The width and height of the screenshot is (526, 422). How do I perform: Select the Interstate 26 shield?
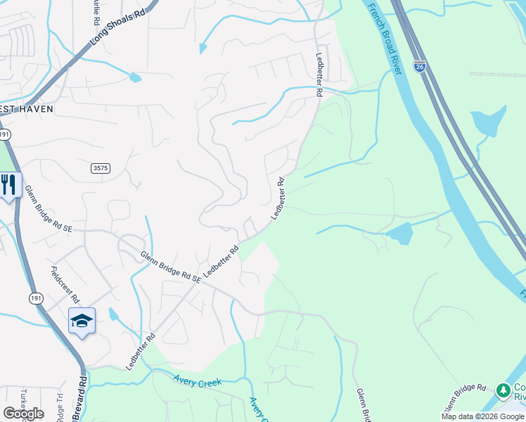(419, 65)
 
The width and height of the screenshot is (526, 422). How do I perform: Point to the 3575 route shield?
(101, 168)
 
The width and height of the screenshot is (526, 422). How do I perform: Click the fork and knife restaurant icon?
(8, 184)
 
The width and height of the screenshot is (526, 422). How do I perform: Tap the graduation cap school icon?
(82, 321)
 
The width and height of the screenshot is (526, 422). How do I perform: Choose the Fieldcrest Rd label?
(65, 284)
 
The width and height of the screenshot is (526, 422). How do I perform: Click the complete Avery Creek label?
(198, 381)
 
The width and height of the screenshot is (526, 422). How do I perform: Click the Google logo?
(23, 413)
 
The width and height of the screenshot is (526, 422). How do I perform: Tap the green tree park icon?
(503, 390)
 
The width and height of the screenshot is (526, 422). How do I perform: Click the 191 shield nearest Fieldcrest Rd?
(36, 298)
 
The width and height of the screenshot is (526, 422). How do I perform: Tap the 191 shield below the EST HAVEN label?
(4, 134)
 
